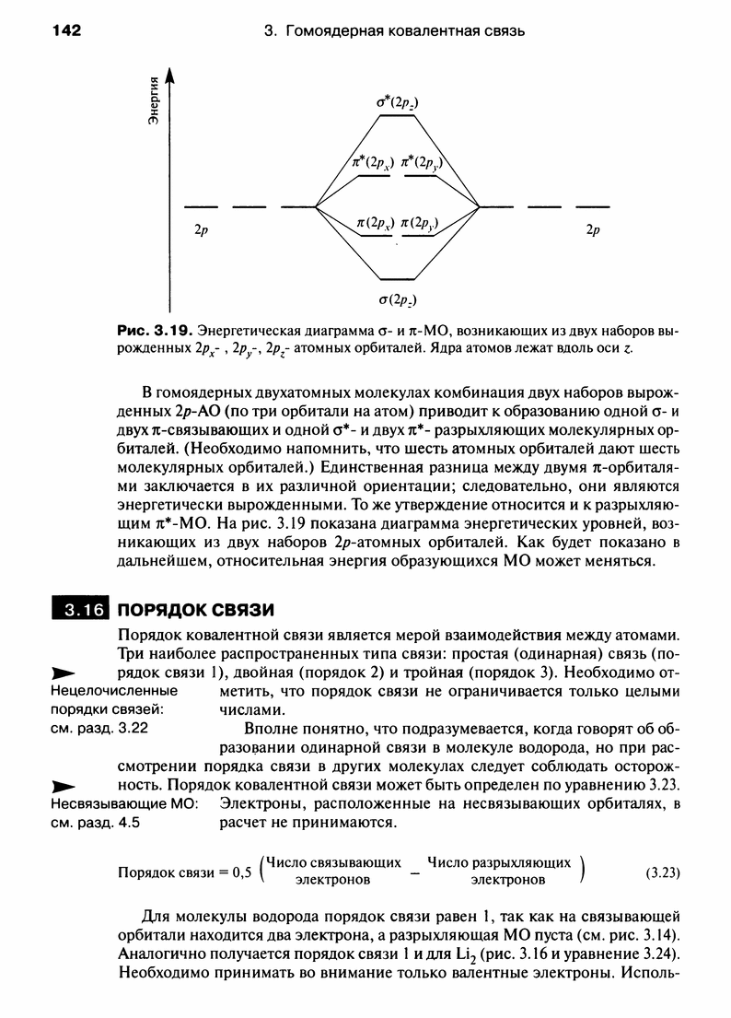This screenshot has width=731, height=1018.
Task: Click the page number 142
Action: click(66, 31)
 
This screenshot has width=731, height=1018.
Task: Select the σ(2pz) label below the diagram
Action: click(399, 298)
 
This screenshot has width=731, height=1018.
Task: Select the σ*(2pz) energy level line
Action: click(399, 116)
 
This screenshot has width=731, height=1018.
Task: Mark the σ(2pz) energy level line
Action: click(399, 279)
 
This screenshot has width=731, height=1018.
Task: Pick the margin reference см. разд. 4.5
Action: click(95, 823)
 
